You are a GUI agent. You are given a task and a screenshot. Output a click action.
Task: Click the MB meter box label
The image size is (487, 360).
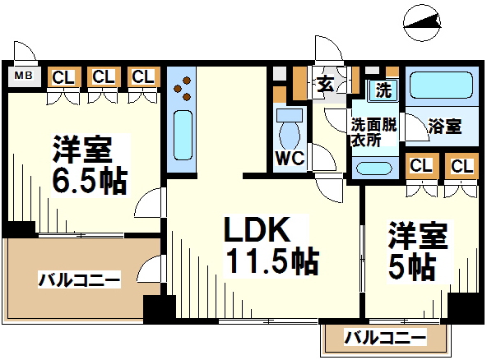[x=24, y=76]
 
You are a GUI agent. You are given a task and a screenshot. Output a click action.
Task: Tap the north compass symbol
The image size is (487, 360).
[x=422, y=23]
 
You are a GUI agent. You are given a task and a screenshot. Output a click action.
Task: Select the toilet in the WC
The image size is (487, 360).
[x=290, y=129]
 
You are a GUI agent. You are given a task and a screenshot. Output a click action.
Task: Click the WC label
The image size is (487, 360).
[x=290, y=159]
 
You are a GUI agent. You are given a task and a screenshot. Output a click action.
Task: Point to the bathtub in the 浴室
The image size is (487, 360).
[x=441, y=85]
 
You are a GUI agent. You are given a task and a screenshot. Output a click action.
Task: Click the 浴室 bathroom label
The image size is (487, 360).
[x=444, y=126]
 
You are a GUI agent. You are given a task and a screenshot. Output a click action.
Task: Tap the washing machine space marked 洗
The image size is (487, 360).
[x=383, y=90]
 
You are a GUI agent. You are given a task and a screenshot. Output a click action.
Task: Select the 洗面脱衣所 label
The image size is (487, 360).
[x=373, y=132]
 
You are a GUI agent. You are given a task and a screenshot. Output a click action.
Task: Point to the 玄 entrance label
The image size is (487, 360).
[x=325, y=85]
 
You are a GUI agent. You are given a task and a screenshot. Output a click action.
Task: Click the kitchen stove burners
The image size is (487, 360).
[x=183, y=89]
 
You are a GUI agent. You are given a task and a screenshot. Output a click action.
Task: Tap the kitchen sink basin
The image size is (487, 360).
[x=183, y=136]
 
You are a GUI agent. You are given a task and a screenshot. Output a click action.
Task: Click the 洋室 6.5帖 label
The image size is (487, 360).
[x=90, y=164]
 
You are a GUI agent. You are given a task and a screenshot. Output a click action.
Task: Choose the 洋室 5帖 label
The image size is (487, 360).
[x=418, y=250]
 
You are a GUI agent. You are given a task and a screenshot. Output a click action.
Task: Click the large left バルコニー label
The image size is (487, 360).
[x=79, y=279]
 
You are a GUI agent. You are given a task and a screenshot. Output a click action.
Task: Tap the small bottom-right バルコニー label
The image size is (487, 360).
[x=385, y=337]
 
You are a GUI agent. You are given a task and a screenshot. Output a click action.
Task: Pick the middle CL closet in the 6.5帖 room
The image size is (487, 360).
[x=104, y=76]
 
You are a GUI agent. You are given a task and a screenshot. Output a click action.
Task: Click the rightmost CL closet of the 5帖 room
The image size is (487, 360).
[x=461, y=166]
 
